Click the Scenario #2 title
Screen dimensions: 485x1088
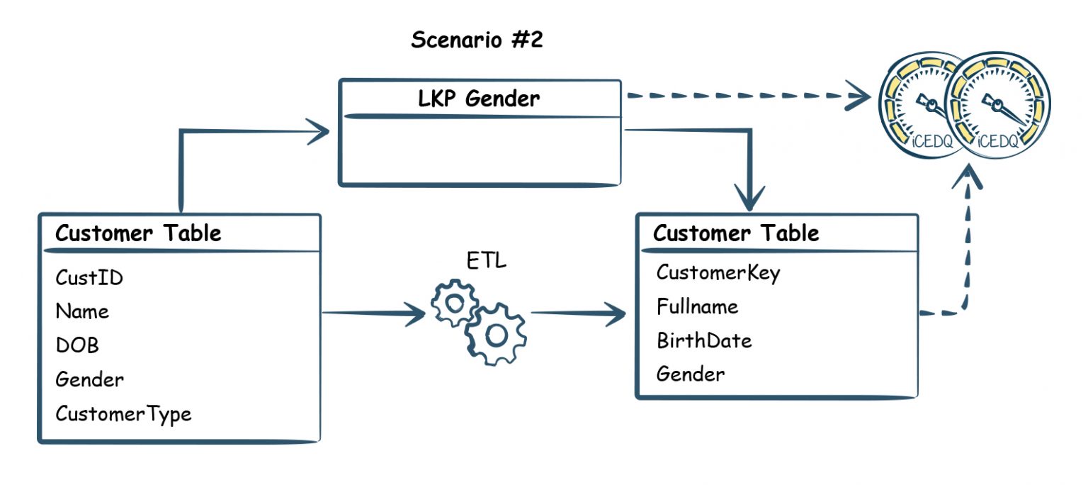click(477, 40)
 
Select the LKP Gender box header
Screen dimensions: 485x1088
click(479, 99)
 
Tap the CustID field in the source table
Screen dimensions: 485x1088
click(89, 278)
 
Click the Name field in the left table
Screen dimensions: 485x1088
click(82, 311)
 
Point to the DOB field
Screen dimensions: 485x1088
click(77, 345)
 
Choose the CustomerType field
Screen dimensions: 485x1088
click(123, 413)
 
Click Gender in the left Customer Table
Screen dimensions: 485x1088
click(89, 379)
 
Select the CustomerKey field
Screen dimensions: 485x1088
click(718, 272)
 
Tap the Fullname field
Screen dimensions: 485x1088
click(697, 306)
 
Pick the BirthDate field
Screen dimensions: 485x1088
click(703, 340)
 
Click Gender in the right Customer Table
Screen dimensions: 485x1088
click(690, 374)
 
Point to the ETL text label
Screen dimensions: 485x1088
click(486, 261)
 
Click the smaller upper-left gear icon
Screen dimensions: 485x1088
click(453, 302)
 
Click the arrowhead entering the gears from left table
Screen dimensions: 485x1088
click(415, 313)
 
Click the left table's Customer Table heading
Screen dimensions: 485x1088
click(138, 233)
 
